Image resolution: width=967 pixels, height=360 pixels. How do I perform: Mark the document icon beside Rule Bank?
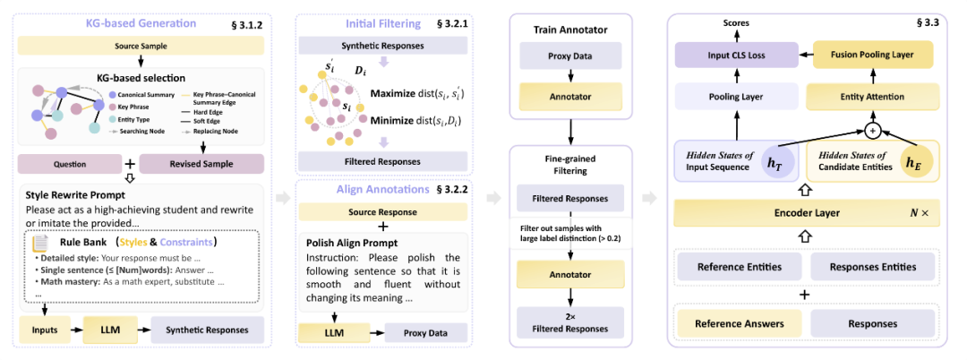41,243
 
